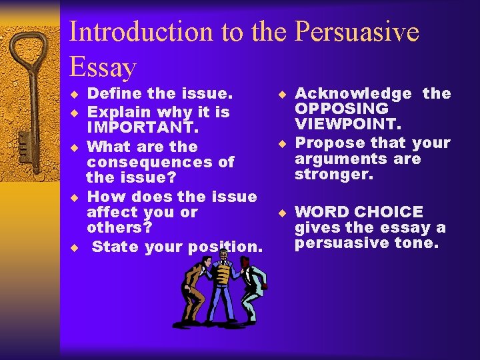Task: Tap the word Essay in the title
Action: click(103, 67)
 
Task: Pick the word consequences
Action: click(160, 162)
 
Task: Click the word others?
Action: click(119, 227)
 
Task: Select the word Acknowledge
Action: click(353, 94)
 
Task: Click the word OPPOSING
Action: click(341, 109)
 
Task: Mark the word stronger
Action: click(334, 175)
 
